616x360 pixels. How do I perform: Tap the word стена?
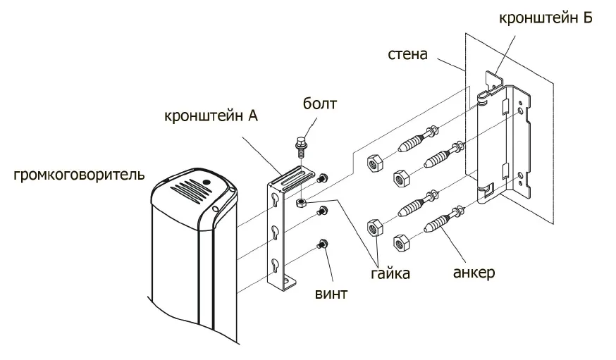click(x=407, y=54)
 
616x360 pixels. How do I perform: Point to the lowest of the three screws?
click(x=324, y=244)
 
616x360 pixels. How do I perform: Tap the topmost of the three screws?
click(x=324, y=178)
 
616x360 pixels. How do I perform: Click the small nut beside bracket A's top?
click(x=300, y=202)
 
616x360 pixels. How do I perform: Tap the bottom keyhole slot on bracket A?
click(x=275, y=265)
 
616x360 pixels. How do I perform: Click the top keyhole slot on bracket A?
click(x=275, y=200)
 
